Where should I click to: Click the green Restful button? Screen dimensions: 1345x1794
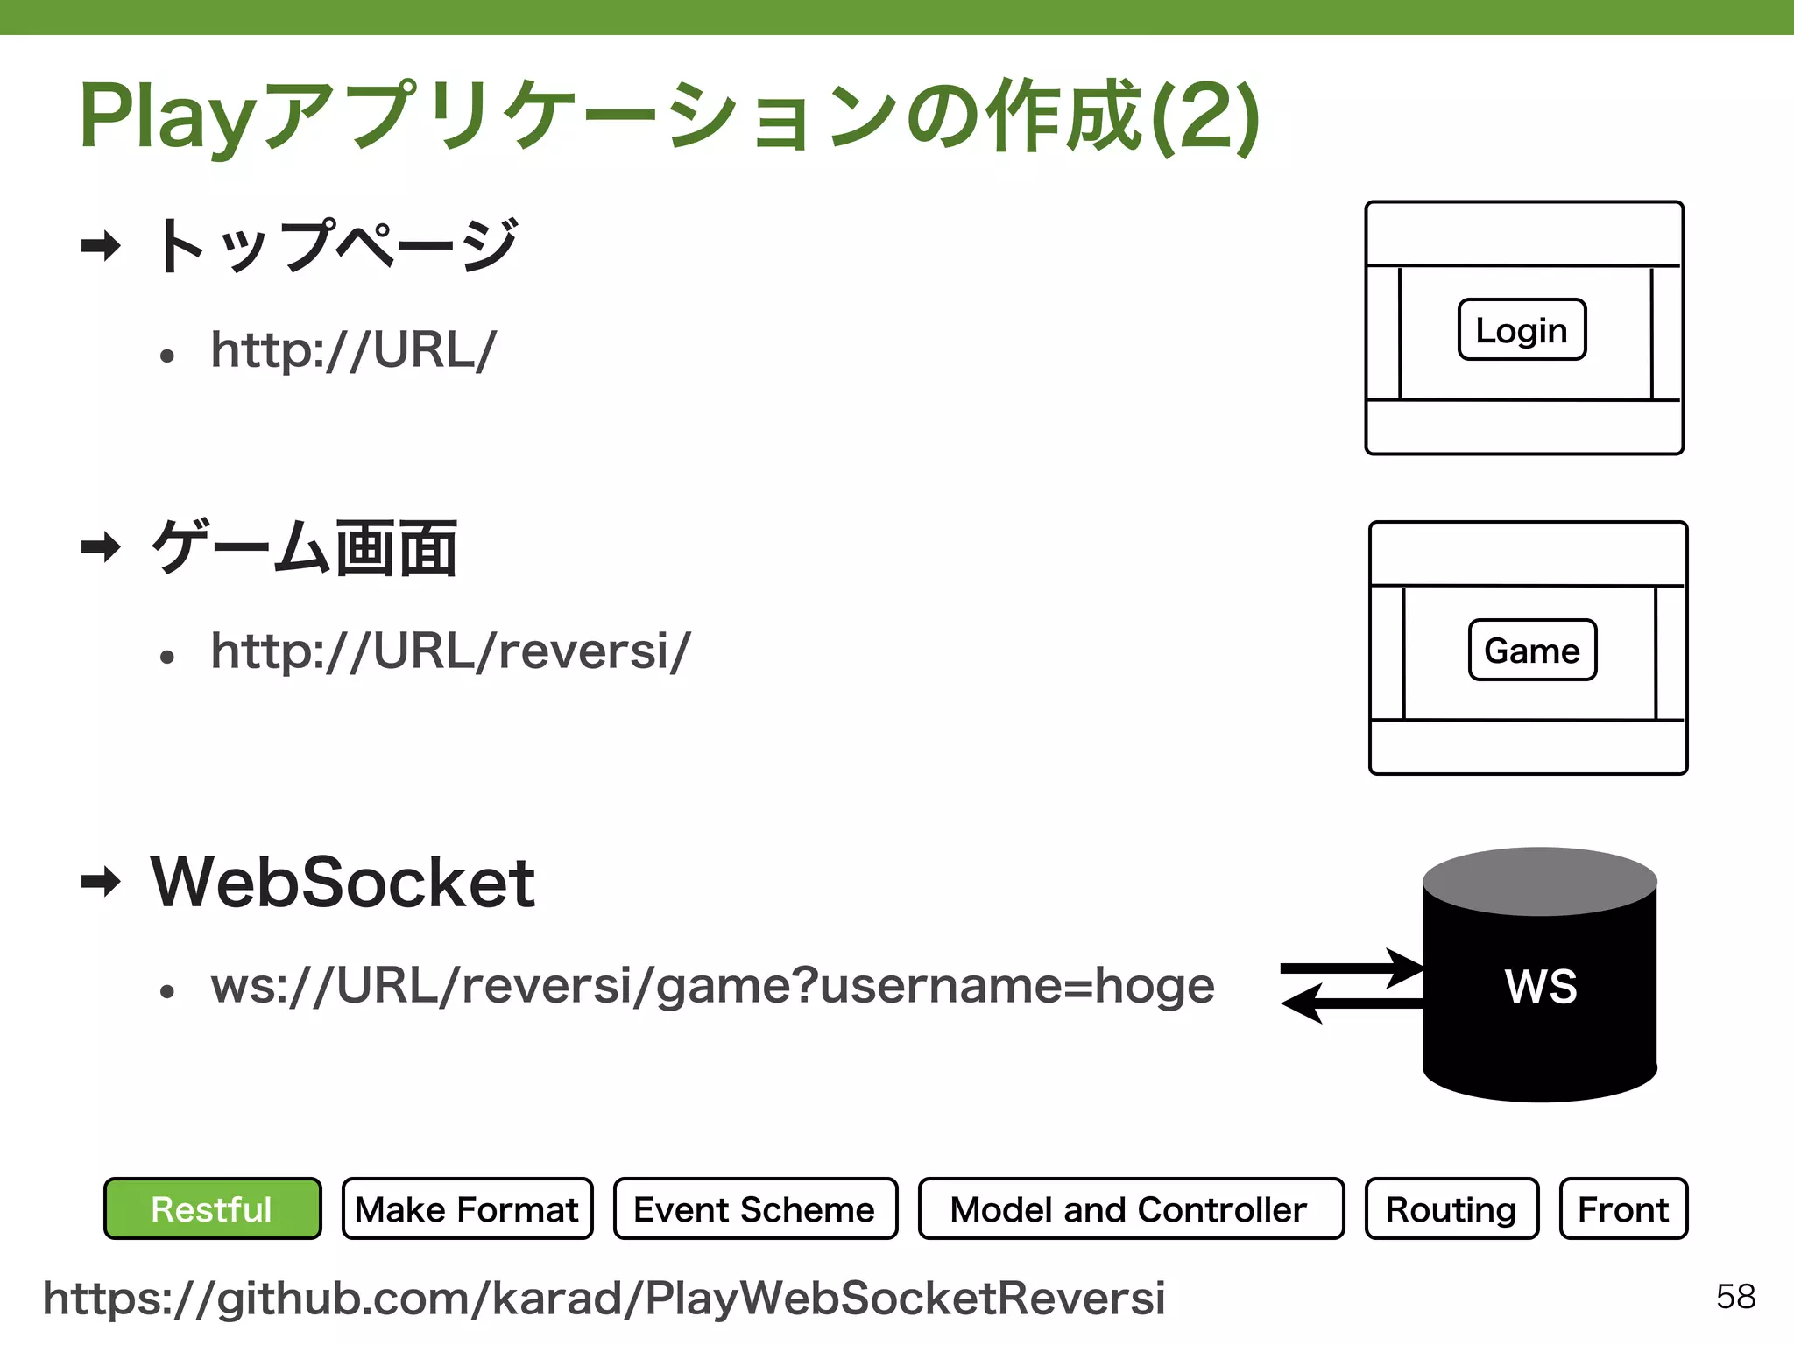click(x=212, y=1208)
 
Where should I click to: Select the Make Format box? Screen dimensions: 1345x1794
click(x=467, y=1208)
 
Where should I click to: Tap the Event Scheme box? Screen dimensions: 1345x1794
click(x=755, y=1208)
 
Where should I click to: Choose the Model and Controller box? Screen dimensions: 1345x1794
click(x=1130, y=1208)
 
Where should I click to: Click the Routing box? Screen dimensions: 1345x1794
click(x=1451, y=1208)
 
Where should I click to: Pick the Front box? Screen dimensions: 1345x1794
click(x=1623, y=1208)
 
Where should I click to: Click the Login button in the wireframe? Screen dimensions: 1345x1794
click(x=1522, y=329)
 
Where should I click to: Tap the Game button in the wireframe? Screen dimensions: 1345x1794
click(x=1532, y=650)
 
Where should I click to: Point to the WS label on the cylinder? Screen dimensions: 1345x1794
click(x=1541, y=986)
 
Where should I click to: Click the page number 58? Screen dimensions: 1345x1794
click(x=1735, y=1297)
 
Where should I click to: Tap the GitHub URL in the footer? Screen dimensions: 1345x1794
click(x=604, y=1298)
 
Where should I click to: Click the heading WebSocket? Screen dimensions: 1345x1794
click(x=343, y=882)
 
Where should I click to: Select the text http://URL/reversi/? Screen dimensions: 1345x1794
click(x=450, y=651)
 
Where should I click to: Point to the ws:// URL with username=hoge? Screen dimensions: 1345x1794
click(x=712, y=986)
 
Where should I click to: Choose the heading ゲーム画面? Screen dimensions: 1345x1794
click(x=304, y=548)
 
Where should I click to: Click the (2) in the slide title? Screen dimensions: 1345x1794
click(x=1206, y=117)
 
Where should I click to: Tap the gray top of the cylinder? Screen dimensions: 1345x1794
click(x=1540, y=880)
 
